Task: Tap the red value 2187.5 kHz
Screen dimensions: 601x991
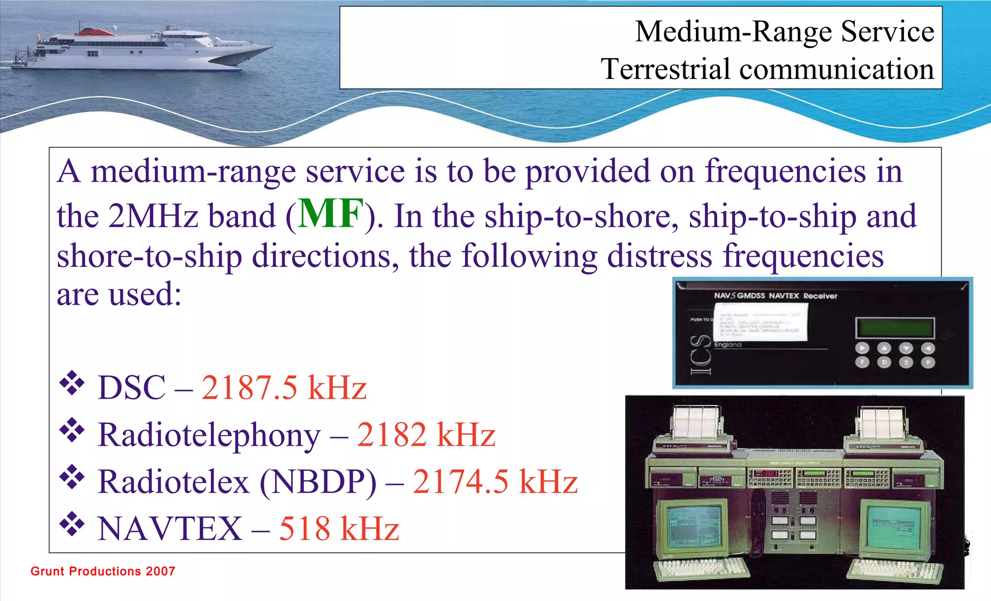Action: coord(284,388)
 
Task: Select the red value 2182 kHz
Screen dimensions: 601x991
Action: coord(426,435)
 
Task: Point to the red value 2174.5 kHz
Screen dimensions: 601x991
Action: coord(495,482)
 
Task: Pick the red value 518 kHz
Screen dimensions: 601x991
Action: coord(339,528)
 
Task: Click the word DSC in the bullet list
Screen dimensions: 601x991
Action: coord(132,388)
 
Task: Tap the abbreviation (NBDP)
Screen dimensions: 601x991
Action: coord(318,482)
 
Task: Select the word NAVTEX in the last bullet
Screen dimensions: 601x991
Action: coord(170,528)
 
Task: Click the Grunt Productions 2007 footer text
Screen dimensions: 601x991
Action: coord(103,571)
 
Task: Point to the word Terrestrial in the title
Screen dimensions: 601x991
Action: coord(665,69)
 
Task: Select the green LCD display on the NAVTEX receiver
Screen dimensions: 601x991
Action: coord(894,328)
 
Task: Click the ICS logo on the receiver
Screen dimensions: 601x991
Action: coord(701,355)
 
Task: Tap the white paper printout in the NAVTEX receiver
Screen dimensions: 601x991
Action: coord(760,322)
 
